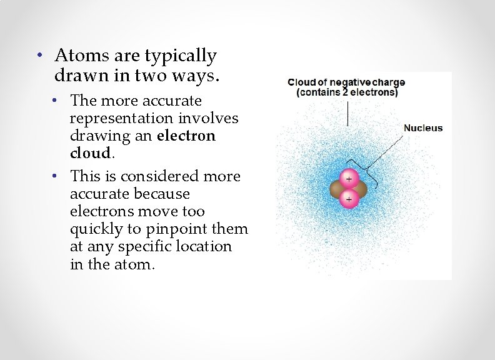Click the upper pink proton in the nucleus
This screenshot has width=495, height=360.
pos(348,178)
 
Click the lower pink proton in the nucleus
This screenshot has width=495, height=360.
pos(348,199)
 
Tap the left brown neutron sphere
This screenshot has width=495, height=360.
pos(339,189)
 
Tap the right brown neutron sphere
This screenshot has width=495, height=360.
pos(358,189)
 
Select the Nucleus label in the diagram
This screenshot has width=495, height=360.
pos(423,128)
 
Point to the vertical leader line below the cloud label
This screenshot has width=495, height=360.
pos(347,112)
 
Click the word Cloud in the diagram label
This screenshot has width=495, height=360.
pos(302,82)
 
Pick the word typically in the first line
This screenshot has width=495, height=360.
pos(181,56)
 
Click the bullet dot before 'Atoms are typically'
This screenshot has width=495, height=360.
pos(39,55)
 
